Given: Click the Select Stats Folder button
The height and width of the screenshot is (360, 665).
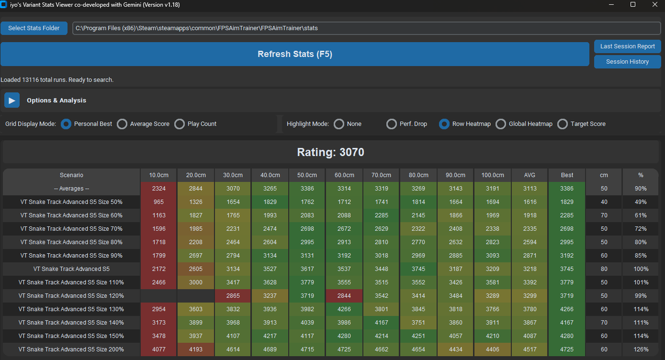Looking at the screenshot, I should [x=34, y=28].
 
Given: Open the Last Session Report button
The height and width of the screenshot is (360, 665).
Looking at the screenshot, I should [x=627, y=47].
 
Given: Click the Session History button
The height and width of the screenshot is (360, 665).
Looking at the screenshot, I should [x=627, y=61].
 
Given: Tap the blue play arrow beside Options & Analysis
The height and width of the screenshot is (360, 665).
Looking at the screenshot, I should [x=12, y=100].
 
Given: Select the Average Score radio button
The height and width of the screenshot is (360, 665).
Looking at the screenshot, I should [x=122, y=124].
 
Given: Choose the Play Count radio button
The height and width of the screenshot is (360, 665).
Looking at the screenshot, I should [x=180, y=124].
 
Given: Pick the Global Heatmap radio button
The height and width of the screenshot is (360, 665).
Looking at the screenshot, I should [x=501, y=124].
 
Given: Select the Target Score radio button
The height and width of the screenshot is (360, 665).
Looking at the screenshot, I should [x=563, y=124].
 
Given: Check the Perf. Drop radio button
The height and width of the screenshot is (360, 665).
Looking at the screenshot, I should [x=392, y=124].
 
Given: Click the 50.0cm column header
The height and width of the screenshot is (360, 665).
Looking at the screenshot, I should [x=308, y=175].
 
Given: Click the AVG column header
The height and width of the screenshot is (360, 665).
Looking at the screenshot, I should [x=530, y=175].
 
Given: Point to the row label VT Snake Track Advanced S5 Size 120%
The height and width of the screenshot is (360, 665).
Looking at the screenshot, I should [x=71, y=296].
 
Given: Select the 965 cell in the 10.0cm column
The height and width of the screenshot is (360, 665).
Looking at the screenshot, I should [x=159, y=202].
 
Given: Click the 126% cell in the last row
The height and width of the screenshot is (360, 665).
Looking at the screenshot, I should [x=641, y=349].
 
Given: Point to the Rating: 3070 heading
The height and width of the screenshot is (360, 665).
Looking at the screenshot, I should [x=330, y=152].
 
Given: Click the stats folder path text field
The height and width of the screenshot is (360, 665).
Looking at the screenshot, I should [x=366, y=28].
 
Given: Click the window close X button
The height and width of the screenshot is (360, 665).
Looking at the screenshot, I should [x=652, y=5].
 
